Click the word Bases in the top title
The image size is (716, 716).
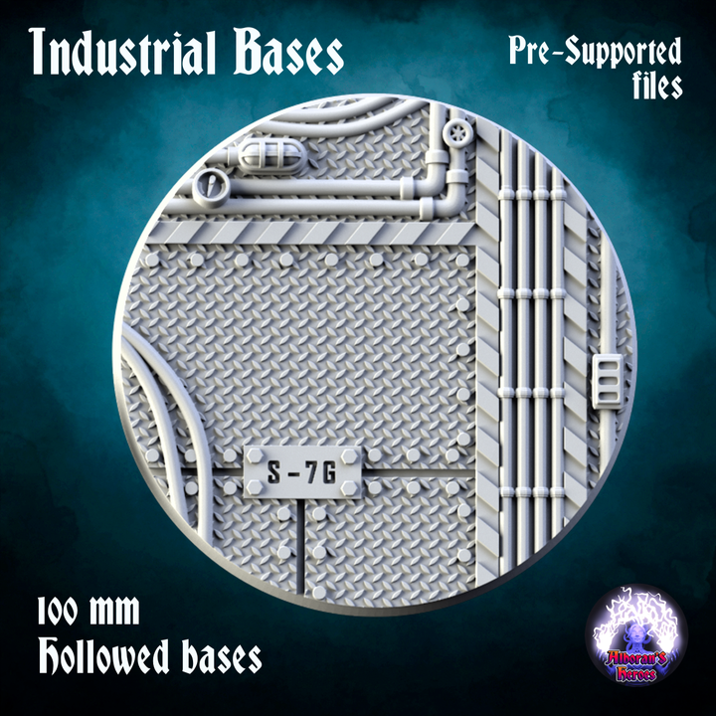tap(288, 53)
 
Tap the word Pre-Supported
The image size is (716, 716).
tap(595, 52)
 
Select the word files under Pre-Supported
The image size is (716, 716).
tap(651, 87)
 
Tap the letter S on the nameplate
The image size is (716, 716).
tap(274, 473)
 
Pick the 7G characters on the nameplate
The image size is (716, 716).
tap(323, 473)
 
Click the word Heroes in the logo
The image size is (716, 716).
tap(635, 674)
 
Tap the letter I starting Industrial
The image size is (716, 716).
tap(38, 53)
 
